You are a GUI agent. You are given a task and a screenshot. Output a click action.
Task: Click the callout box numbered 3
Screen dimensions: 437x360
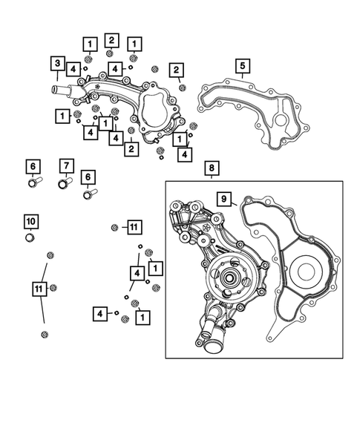(57, 62)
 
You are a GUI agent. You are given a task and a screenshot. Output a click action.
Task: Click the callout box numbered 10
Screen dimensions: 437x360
(30, 221)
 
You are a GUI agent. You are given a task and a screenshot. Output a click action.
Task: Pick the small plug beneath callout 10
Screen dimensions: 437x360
(30, 238)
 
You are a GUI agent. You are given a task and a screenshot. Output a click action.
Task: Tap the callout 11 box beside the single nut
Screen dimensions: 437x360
(133, 226)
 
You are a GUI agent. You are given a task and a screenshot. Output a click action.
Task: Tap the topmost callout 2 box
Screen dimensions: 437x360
(111, 39)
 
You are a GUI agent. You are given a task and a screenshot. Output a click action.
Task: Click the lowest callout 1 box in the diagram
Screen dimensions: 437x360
(140, 315)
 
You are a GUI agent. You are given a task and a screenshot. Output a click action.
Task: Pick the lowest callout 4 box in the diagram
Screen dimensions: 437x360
(99, 313)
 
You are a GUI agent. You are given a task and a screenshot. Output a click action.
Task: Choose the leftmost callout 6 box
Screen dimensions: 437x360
(32, 165)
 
